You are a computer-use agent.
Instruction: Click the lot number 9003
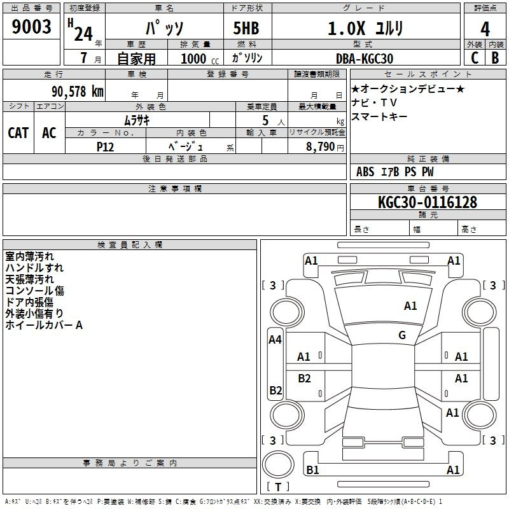coord(31,26)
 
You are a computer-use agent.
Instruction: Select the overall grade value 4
coord(485,29)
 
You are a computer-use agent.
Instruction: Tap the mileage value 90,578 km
coord(78,91)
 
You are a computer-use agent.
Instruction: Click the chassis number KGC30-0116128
coord(428,202)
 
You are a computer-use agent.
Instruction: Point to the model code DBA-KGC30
coord(364,59)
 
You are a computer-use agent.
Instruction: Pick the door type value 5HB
coord(246,28)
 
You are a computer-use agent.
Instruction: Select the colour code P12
coord(105,147)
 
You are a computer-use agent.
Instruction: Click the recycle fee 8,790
coord(320,146)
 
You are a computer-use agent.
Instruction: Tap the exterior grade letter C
coord(475,58)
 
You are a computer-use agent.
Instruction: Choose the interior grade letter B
coord(495,58)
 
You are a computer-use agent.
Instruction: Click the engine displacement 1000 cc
coord(200,59)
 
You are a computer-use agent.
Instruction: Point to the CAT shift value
coord(18,133)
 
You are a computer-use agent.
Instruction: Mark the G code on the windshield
coord(402,335)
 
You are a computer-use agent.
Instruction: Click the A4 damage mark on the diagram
coord(275,340)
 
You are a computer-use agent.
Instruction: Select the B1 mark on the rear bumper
coord(312,470)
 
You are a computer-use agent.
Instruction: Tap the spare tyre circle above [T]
coord(278,464)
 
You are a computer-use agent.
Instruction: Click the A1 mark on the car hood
coord(410,306)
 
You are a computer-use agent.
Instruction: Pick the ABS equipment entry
coord(365,171)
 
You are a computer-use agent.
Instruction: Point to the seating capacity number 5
coord(265,120)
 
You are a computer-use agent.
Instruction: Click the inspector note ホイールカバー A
coord(44,325)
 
